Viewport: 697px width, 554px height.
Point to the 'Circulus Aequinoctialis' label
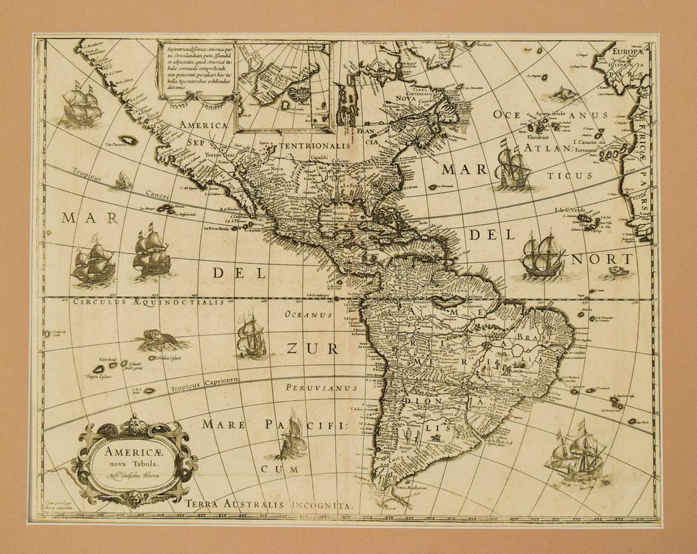(x=148, y=302)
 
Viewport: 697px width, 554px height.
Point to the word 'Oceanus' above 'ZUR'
(x=309, y=314)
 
